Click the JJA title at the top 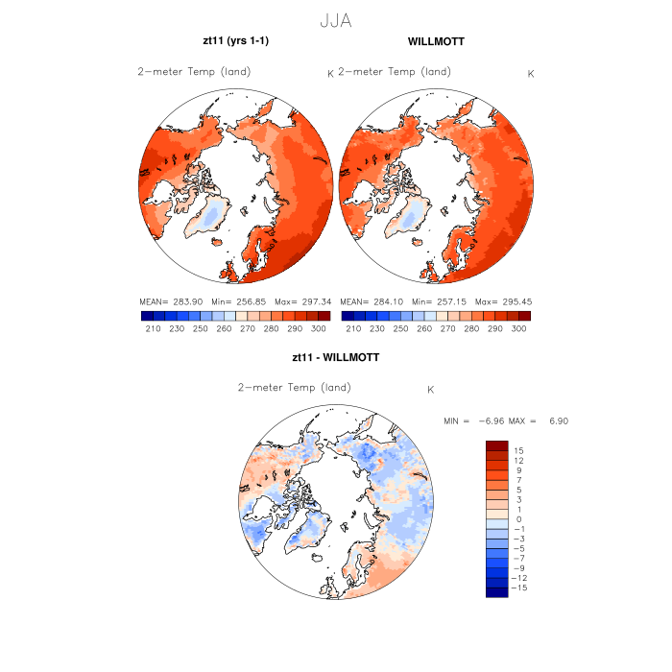pos(336,18)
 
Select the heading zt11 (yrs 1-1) pos(235,42)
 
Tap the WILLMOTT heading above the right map pos(436,42)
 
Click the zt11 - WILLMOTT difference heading pos(335,357)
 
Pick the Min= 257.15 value pos(438,301)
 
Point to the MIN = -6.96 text pos(475,421)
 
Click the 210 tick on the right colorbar pos(353,328)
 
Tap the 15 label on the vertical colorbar pos(517,449)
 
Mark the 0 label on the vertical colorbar pos(519,518)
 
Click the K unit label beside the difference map pos(431,390)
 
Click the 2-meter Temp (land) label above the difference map pos(295,387)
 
